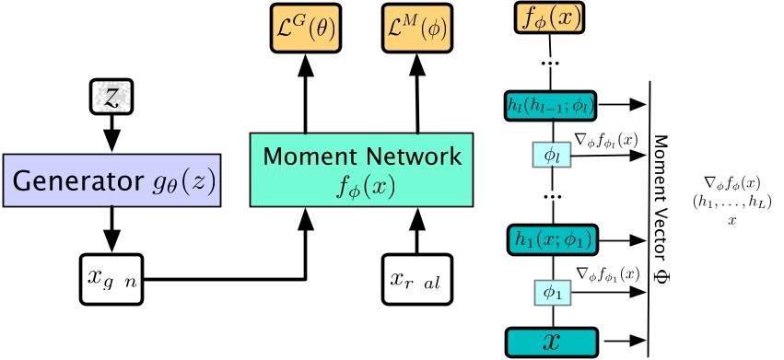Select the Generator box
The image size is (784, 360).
pos(111,179)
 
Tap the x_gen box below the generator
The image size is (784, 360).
pos(111,277)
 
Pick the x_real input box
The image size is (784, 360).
pos(418,277)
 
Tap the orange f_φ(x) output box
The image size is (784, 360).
pos(551,17)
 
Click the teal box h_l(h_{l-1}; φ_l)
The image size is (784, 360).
pos(551,106)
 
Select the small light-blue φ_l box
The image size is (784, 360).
pos(551,156)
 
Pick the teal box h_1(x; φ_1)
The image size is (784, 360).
pos(551,238)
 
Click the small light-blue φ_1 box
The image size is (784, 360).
pos(551,292)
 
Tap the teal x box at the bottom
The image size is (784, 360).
pos(551,341)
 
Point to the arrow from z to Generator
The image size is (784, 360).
pos(111,134)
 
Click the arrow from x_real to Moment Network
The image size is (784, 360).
pos(418,229)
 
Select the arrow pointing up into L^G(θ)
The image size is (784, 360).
pos(305,91)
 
